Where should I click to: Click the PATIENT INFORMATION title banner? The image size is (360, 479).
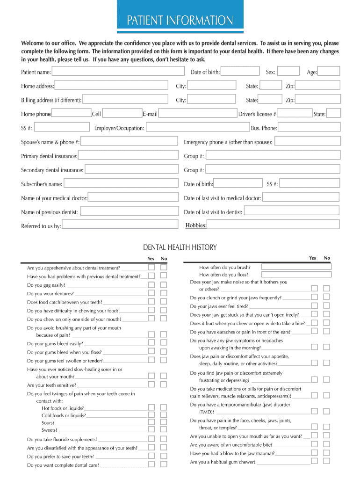pos(180,20)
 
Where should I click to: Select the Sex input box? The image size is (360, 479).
pos(289,71)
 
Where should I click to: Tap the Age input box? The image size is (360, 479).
pos(330,71)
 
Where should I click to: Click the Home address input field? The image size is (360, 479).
pos(111,86)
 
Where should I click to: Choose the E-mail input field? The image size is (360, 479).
pos(197,113)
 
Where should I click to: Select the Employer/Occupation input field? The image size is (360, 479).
pos(197,127)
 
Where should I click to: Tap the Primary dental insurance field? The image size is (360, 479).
pos(128,155)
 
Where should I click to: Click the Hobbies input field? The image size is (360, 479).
pos(273,225)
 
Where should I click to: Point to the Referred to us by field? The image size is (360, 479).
pos(120,225)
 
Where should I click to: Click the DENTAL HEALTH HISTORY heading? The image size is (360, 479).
pos(180,247)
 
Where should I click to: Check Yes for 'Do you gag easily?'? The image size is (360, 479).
pos(151,284)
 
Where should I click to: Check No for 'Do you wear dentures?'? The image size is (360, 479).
pos(163,293)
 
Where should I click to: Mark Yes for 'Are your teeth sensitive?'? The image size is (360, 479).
pos(151,385)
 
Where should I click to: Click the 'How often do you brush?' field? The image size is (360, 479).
pos(296,267)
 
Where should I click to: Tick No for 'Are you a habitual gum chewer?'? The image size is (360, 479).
pos(326,461)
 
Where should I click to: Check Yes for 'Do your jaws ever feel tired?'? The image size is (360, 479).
pos(314,305)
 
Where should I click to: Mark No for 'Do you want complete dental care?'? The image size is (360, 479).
pos(163,464)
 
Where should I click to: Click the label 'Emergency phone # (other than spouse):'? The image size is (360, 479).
pos(228,142)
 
